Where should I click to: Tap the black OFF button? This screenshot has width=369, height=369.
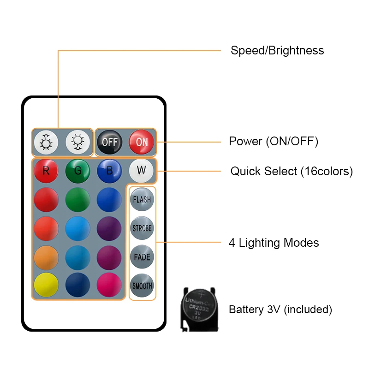109,142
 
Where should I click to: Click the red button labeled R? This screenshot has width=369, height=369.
46,171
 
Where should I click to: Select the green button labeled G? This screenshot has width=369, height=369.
77,171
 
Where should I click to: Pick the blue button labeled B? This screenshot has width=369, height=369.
109,171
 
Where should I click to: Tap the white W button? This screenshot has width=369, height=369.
141,171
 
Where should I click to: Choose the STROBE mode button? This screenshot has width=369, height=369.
142,228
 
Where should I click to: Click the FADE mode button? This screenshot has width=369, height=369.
142,257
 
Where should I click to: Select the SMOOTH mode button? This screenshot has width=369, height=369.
142,286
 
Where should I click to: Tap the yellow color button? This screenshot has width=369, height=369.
46,286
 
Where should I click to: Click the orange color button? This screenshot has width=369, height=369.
46,257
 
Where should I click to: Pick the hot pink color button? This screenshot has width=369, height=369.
109,286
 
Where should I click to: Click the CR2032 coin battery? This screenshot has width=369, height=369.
199,308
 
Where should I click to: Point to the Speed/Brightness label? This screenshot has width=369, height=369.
277,50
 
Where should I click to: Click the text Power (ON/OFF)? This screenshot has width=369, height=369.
274,141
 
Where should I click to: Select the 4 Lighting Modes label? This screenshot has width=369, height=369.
274,243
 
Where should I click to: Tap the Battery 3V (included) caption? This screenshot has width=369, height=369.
280,309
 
